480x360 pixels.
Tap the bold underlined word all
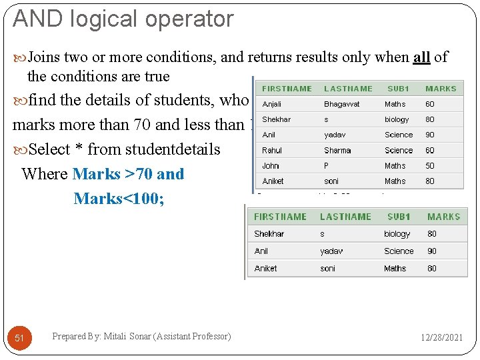coord(421,57)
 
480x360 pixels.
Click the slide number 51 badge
coord(19,338)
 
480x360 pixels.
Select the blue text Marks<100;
coord(119,199)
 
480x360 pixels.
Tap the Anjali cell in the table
coord(272,104)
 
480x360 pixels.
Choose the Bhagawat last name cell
coord(341,104)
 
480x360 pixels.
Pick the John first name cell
coord(271,166)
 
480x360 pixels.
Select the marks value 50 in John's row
coord(430,166)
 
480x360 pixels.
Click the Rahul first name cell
coord(272,151)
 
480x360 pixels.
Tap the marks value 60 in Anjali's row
coord(430,104)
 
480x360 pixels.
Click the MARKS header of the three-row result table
coord(444,217)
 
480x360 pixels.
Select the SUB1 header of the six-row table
coord(398,89)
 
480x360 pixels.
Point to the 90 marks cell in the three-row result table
coord(432,251)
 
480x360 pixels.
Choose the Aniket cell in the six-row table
coord(273,181)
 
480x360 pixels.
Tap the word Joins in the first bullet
coord(44,57)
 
